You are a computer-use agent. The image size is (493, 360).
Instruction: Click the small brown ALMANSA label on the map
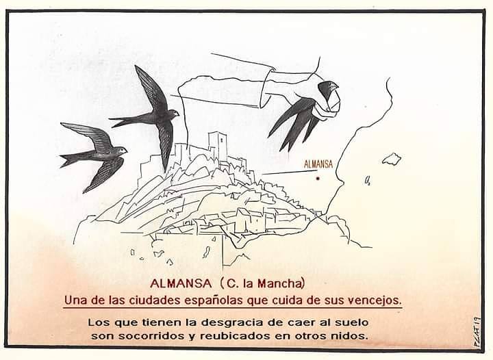click(x=318, y=164)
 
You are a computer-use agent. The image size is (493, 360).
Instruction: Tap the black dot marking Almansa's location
click(x=318, y=179)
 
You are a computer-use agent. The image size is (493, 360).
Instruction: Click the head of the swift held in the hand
click(x=328, y=87)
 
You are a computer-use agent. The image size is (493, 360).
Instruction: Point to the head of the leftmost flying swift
click(x=121, y=151)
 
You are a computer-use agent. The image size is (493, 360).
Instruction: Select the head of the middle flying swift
click(x=173, y=112)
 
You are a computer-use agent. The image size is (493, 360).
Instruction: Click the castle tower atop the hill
click(x=218, y=144)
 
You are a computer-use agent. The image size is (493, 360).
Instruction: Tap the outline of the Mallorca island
click(x=392, y=159)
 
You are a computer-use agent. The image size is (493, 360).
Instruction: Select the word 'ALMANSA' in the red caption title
click(x=181, y=283)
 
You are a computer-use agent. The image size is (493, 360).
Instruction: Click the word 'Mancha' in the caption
click(x=281, y=283)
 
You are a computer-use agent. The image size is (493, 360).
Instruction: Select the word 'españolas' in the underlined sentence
click(x=214, y=300)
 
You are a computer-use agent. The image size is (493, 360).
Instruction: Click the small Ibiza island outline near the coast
click(x=367, y=181)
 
